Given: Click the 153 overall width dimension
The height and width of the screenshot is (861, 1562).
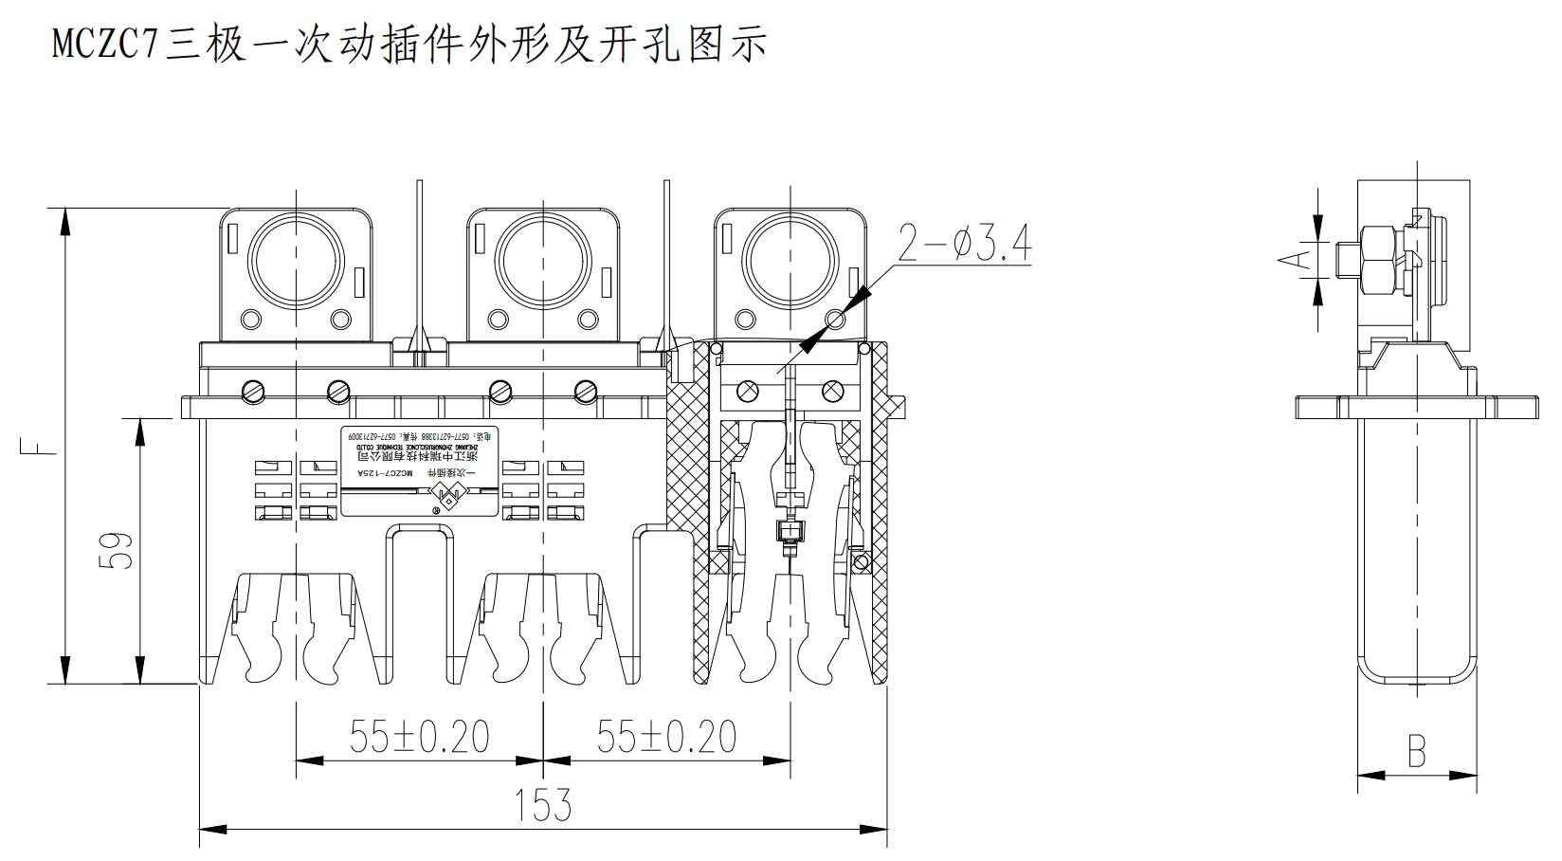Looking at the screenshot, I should click(x=543, y=805).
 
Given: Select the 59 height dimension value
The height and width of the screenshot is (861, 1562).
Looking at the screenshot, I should click(x=116, y=550).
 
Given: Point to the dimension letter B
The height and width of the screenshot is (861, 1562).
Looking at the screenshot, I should click(x=1416, y=752).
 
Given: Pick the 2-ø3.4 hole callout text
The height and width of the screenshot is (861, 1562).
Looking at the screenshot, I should click(x=964, y=244).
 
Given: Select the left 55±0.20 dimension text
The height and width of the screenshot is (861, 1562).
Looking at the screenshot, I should click(x=419, y=737).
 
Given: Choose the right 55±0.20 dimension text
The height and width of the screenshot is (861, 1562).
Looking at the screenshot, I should click(x=666, y=737).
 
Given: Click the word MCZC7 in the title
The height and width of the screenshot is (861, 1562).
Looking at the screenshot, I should click(x=104, y=44).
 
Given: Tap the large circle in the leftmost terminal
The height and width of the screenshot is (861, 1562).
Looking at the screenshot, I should click(x=296, y=262).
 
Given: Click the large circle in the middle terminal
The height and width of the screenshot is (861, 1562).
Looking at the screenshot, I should click(x=543, y=262).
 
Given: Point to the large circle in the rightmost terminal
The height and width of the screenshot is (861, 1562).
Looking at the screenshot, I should click(x=790, y=262).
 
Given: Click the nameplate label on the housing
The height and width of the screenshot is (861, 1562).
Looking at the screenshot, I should click(x=419, y=471).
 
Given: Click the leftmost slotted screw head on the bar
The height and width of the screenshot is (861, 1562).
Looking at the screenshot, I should click(x=252, y=391).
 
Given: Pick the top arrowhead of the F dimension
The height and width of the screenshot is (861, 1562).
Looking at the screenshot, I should click(x=65, y=220).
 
